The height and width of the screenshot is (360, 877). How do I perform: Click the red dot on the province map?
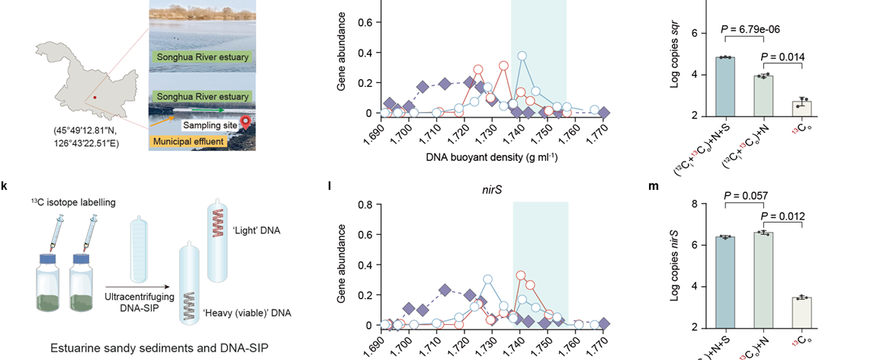pos(95,98)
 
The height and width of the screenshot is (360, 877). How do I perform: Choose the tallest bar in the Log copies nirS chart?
pos(763,280)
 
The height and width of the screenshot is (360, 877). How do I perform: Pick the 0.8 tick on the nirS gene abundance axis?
pos(365,204)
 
